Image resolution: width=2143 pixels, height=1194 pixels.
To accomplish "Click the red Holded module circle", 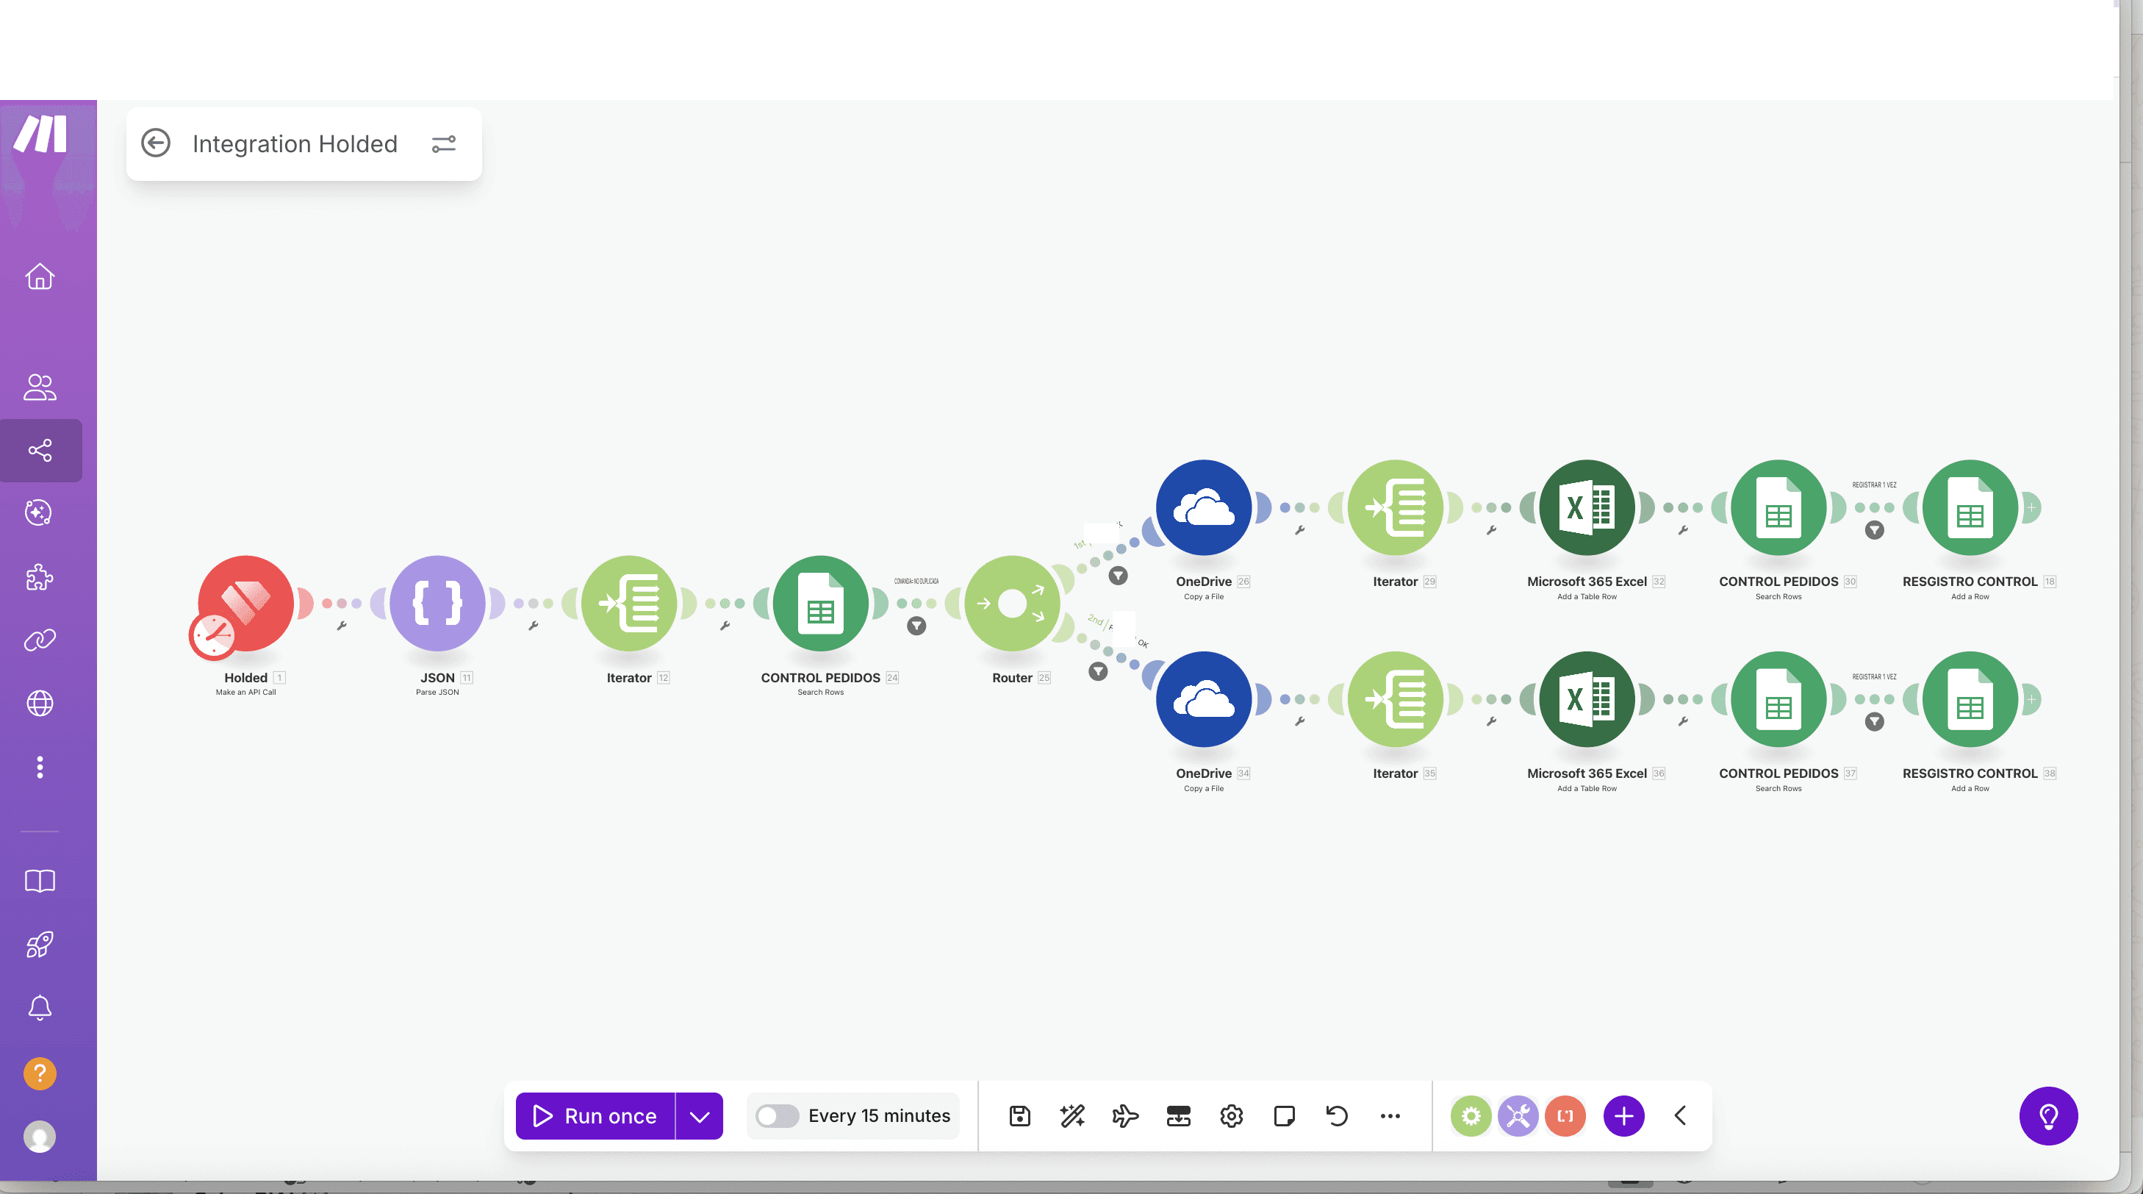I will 246,602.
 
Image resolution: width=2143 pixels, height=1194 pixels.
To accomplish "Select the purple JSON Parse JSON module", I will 437,602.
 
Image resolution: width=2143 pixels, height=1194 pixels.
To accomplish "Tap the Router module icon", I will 1011,602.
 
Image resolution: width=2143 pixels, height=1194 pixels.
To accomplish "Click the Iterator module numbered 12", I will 629,602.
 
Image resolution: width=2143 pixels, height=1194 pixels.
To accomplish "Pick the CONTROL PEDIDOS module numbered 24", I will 820,602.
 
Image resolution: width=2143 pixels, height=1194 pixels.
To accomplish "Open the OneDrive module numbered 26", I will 1203,507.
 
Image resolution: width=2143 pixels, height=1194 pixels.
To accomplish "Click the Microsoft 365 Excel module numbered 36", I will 1587,699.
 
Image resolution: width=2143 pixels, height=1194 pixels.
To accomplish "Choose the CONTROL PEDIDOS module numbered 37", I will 1778,699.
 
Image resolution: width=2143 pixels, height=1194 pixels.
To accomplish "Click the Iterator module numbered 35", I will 1395,699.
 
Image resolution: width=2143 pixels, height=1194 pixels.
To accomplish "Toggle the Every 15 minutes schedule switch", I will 777,1116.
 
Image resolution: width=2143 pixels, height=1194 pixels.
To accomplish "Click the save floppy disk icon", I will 1020,1116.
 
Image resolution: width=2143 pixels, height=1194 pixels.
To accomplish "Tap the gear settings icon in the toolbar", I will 1231,1116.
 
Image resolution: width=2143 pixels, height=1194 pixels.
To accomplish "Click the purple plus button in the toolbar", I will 1623,1116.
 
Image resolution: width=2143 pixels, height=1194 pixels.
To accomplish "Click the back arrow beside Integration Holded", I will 156,143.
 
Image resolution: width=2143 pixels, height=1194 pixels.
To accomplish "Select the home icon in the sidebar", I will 40,276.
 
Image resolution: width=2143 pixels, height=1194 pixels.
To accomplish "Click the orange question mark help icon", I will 40,1073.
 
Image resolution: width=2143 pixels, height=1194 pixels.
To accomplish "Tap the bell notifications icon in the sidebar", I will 40,1007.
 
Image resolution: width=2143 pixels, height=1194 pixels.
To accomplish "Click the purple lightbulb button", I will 2048,1116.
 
